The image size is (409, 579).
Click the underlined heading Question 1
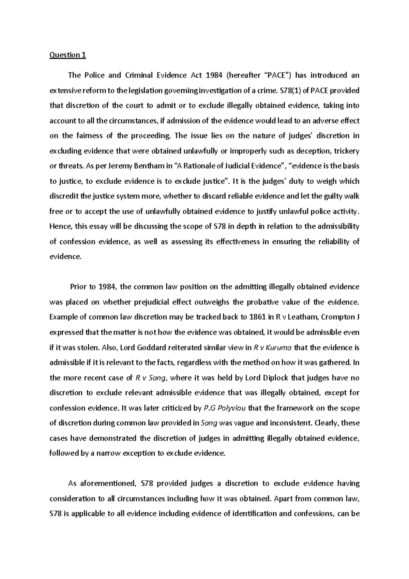(67, 55)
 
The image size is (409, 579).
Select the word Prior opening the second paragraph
(78, 287)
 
